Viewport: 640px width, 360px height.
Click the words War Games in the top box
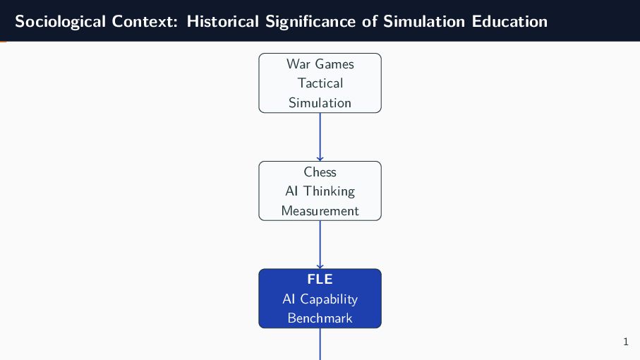[x=320, y=64]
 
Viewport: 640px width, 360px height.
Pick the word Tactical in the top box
[x=320, y=83]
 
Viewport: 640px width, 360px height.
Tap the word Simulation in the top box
[x=320, y=102]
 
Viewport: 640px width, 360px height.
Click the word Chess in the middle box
[x=320, y=172]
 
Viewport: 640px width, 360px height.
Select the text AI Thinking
[x=320, y=191]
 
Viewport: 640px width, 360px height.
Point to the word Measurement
[x=320, y=210]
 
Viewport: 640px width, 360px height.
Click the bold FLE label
[x=320, y=280]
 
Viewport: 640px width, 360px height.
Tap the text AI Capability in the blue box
[x=320, y=299]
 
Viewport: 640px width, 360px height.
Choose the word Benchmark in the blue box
[x=320, y=318]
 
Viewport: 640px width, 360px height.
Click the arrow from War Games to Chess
[x=320, y=137]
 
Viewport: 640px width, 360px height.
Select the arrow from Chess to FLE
[x=320, y=244]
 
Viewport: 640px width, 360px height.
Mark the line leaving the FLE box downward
[x=320, y=344]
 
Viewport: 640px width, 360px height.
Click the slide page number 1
[x=626, y=342]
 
